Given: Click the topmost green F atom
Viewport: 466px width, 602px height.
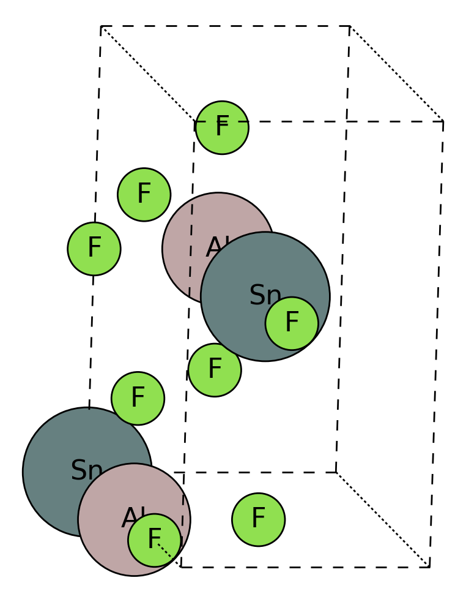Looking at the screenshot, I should click(222, 127).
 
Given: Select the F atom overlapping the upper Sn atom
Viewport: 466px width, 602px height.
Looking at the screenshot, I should click(292, 323).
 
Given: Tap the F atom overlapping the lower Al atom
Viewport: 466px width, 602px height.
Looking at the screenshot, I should click(154, 540).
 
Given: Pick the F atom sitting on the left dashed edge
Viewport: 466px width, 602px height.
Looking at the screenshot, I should click(94, 249).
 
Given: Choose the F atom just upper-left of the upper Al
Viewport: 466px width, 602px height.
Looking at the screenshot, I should click(144, 195).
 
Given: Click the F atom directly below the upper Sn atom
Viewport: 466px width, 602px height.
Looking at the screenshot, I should click(215, 370).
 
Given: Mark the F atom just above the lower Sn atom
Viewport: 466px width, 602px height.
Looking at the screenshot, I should click(138, 398).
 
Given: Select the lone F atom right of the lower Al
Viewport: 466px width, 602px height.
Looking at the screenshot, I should click(258, 519).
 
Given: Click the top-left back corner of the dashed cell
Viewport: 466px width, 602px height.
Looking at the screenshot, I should click(101, 26).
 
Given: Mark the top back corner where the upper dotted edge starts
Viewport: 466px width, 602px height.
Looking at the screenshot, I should click(350, 26).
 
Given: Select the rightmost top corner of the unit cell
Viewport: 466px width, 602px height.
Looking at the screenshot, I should click(443, 121).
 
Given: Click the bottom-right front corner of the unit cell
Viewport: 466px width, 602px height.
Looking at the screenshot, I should click(430, 567).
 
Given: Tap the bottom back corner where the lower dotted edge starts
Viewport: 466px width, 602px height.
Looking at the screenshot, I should click(336, 472).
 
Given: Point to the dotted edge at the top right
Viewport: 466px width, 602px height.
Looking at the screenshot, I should click(396, 73).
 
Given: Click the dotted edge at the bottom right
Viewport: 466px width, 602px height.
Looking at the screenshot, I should click(383, 520).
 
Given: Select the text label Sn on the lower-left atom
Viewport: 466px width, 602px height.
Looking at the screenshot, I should click(86, 471).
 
